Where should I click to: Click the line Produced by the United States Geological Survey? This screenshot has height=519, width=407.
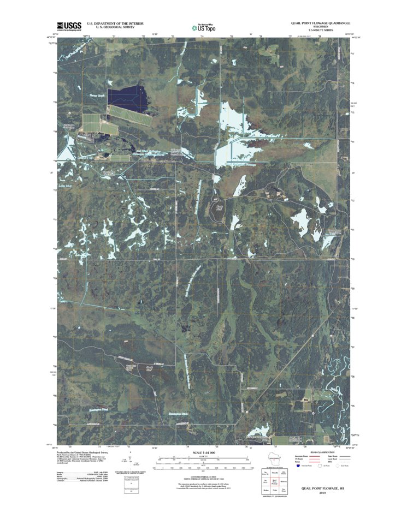[x=82, y=453]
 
